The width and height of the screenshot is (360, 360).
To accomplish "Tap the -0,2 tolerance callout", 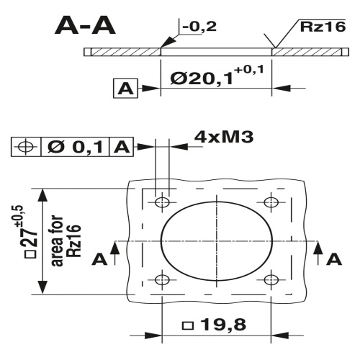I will coord(199,27).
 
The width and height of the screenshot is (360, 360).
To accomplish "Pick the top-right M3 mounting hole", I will coord(271,201).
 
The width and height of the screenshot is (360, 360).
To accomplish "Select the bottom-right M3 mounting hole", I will coord(271,279).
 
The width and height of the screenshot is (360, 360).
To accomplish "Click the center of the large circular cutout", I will coord(216,240).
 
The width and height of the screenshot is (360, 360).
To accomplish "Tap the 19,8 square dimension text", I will coord(216,325).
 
